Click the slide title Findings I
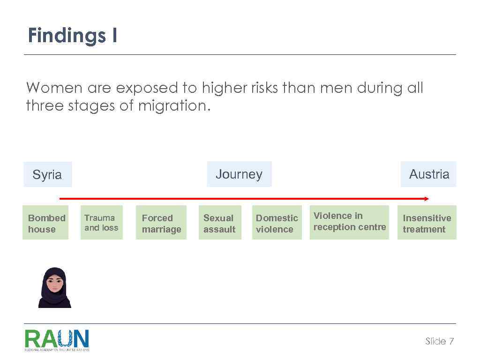[x=72, y=36]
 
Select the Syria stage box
[x=47, y=174]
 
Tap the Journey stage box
[x=239, y=174]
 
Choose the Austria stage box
[x=428, y=174]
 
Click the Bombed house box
[x=45, y=223]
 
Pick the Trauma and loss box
[x=101, y=223]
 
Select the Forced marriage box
[x=161, y=223]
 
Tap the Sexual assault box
[x=219, y=223]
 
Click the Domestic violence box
[x=277, y=223]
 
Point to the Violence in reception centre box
[x=349, y=222]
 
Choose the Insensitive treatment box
[x=427, y=223]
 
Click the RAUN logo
[x=57, y=340]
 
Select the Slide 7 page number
[x=439, y=341]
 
